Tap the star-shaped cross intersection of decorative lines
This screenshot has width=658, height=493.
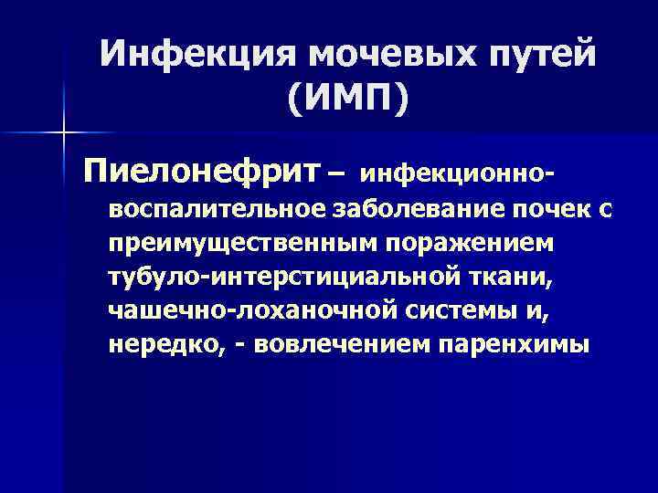(63, 133)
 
